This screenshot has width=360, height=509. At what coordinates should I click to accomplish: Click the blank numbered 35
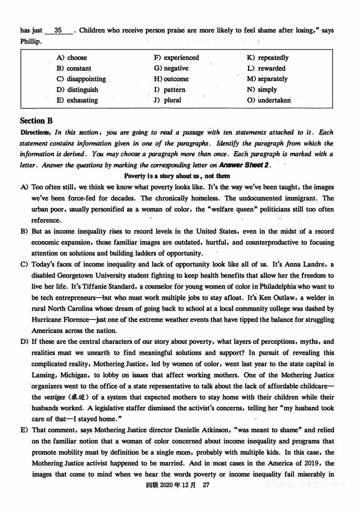tap(58, 31)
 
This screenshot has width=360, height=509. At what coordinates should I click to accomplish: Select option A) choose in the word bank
tap(72, 58)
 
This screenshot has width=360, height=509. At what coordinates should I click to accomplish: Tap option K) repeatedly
tap(268, 58)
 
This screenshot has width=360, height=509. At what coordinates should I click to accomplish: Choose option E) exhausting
tap(77, 100)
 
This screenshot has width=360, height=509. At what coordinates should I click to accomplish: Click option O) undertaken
tap(268, 100)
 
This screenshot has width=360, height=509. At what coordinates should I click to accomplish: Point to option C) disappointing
tap(81, 78)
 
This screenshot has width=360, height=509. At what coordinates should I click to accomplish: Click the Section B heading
tap(36, 121)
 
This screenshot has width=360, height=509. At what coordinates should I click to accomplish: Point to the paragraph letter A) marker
tap(24, 187)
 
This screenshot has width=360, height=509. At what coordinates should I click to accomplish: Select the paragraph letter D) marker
tap(24, 342)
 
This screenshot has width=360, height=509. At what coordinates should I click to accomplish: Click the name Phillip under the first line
tap(31, 41)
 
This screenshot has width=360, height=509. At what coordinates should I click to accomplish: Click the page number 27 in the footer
tap(205, 485)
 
